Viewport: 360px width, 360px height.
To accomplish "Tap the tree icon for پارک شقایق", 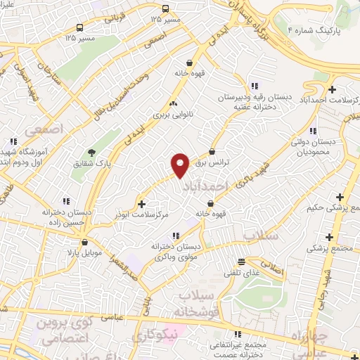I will pyautogui.click(x=91, y=152).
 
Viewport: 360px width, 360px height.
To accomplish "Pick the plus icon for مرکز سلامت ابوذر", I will pyautogui.click(x=143, y=204).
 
